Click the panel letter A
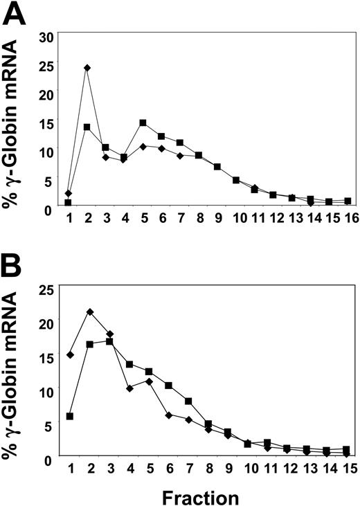pyautogui.click(x=15, y=15)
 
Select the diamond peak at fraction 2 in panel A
pyautogui.click(x=87, y=68)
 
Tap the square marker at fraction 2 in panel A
pyautogui.click(x=87, y=127)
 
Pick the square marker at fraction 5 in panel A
pyautogui.click(x=143, y=123)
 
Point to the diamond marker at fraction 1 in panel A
pyautogui.click(x=69, y=193)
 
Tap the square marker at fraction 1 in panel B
pyautogui.click(x=70, y=416)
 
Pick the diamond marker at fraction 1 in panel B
pyautogui.click(x=70, y=354)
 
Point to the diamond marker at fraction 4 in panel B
pyautogui.click(x=129, y=388)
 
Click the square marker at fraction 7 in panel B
pyautogui.click(x=188, y=401)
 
